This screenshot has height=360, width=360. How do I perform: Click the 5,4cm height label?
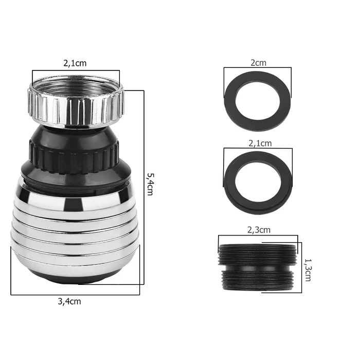150,184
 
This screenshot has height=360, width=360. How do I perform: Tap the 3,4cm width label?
69,301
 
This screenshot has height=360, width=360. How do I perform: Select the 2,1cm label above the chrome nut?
75,63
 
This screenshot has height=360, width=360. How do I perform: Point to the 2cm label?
258,63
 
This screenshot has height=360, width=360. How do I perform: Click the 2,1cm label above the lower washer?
260,143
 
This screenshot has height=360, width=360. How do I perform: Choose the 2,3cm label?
259,230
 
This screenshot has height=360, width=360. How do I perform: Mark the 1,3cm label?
308,270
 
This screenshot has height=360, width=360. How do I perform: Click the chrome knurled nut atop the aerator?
76,102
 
